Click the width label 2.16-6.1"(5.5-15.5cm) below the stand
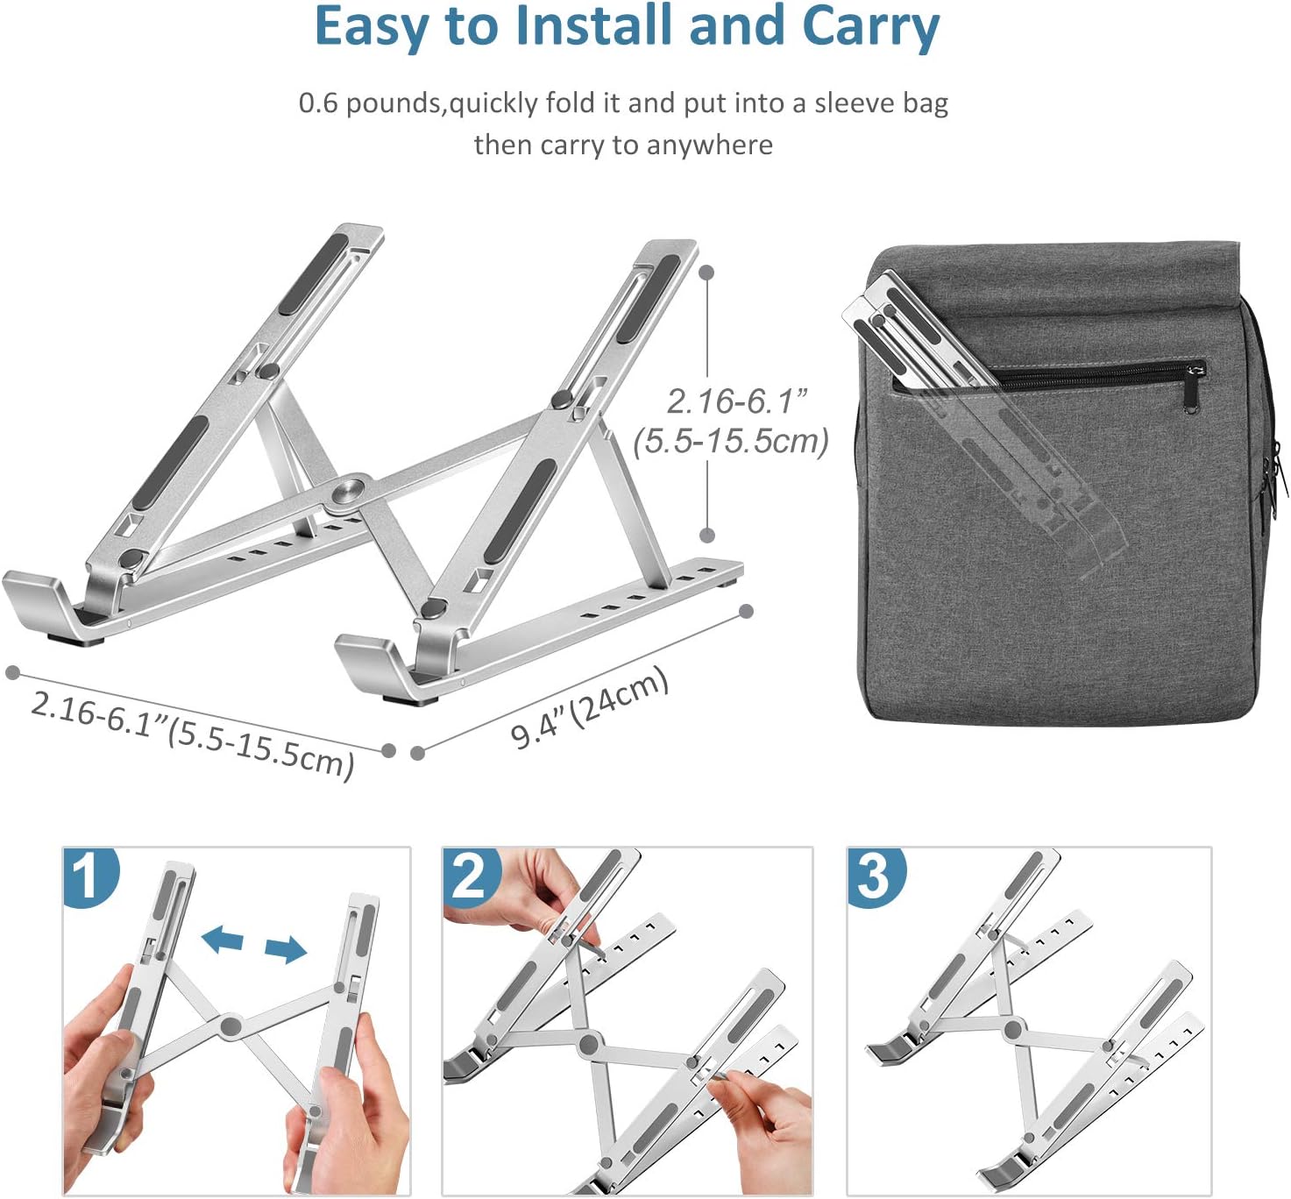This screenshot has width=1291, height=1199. [193, 734]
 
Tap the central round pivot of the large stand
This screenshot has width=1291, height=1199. [350, 490]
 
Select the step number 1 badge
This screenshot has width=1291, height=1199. [89, 877]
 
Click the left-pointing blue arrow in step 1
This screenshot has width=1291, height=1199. [223, 940]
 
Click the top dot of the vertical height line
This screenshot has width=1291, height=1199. [707, 273]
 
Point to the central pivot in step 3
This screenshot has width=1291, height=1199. [1013, 1029]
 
